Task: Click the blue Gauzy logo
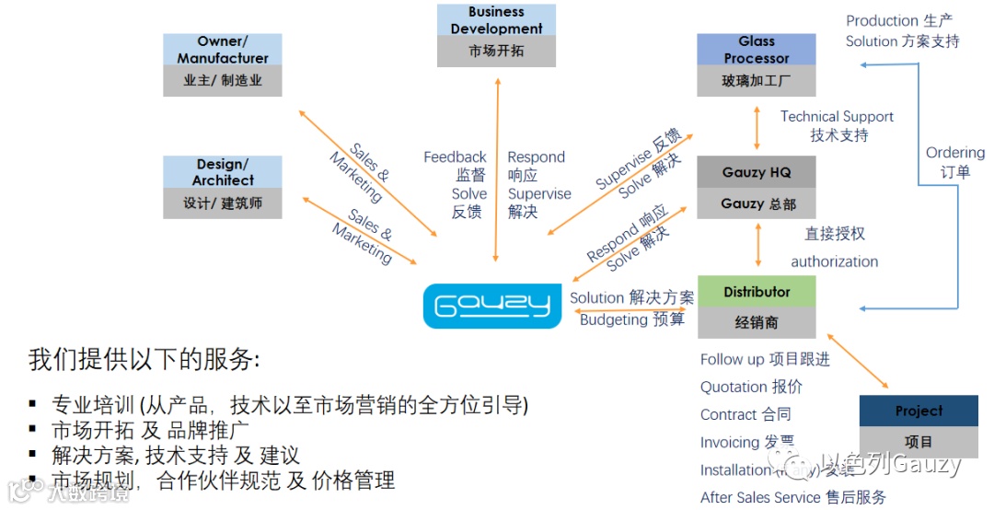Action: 491,306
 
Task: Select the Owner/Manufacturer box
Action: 223,64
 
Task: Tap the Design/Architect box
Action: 223,187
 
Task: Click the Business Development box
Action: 496,35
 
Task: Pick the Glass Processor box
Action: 757,64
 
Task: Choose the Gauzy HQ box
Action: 757,187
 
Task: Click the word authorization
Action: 834,261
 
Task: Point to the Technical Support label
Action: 837,117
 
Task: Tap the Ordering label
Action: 954,153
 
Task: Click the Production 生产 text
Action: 899,20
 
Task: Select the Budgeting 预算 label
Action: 632,319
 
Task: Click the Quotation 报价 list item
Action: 751,387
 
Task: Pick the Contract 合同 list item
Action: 745,414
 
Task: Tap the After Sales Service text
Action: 760,497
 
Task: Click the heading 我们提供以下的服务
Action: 144,359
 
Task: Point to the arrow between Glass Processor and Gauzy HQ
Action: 757,127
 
